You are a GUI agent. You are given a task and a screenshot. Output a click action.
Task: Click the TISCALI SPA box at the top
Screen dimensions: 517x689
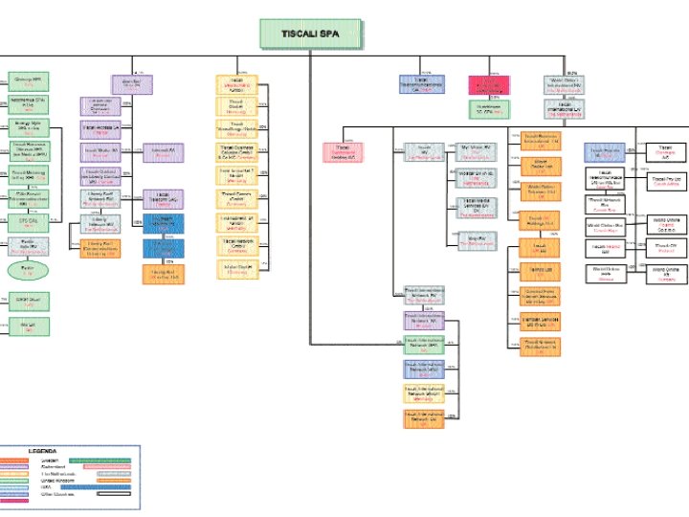click(308, 34)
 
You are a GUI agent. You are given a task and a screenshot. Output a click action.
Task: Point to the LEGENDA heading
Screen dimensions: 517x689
click(42, 450)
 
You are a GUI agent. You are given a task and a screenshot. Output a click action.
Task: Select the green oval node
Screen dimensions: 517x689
click(28, 271)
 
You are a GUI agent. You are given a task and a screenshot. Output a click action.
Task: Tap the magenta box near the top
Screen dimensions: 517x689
click(486, 84)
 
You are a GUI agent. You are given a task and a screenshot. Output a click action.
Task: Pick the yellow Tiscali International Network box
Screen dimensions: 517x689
click(424, 392)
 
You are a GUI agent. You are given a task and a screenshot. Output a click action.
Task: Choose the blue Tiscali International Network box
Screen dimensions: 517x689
click(424, 368)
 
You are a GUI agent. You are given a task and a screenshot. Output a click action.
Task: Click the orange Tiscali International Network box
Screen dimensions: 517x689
click(424, 417)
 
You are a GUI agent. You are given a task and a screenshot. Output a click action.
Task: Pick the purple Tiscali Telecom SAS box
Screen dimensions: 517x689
click(163, 199)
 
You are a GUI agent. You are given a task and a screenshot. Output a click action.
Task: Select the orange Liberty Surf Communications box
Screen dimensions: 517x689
click(100, 247)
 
